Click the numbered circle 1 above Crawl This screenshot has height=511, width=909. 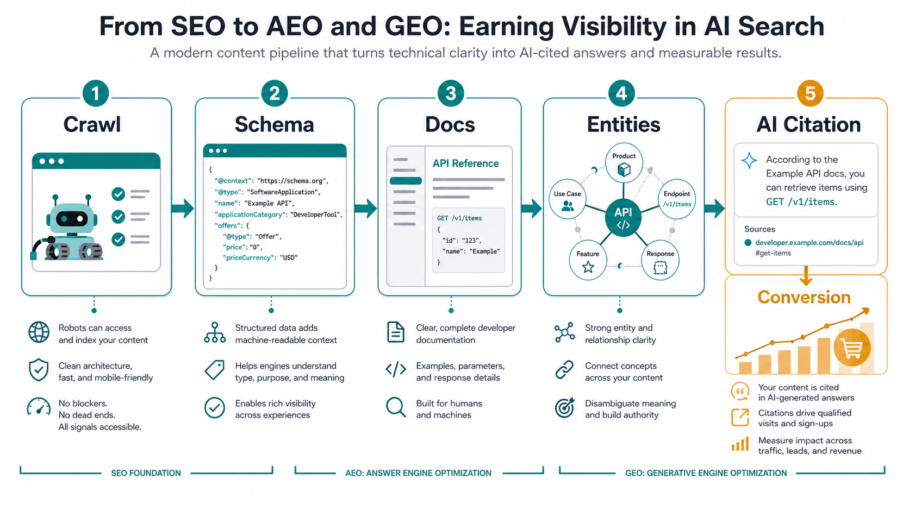(x=95, y=93)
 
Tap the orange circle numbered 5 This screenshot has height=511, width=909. (x=810, y=93)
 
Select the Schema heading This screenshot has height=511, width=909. (x=275, y=124)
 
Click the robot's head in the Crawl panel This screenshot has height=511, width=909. (x=72, y=219)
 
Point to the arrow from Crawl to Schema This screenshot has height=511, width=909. (x=183, y=209)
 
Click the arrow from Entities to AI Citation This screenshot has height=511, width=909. (x=714, y=209)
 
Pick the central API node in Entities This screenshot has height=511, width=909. (x=623, y=218)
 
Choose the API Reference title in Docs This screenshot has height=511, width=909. (x=465, y=163)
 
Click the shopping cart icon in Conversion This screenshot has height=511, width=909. (x=852, y=348)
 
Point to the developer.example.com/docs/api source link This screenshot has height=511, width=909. (x=809, y=243)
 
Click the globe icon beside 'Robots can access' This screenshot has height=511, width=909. (x=39, y=332)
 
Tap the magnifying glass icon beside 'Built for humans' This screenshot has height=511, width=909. (x=396, y=407)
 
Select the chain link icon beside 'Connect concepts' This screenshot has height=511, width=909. (x=564, y=370)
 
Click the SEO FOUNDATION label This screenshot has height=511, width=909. (x=146, y=473)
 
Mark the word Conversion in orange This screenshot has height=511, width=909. (x=804, y=297)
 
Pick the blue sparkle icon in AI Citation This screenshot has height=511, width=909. (x=749, y=161)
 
